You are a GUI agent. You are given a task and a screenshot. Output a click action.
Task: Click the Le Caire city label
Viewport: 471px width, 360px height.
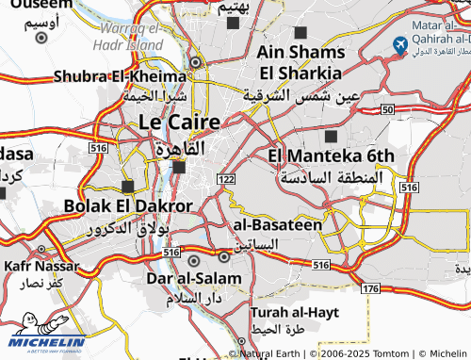coord(179,123)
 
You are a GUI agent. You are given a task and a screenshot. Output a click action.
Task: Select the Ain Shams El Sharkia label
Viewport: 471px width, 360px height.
coord(300,61)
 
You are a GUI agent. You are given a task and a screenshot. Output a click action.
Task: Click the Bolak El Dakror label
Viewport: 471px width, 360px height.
coord(128,205)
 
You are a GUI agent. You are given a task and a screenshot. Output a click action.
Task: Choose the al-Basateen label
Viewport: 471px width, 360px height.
coord(277,225)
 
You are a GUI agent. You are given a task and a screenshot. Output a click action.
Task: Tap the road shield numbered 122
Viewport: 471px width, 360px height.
coord(226,179)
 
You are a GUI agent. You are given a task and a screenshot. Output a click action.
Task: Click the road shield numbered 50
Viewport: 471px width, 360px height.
coord(388,110)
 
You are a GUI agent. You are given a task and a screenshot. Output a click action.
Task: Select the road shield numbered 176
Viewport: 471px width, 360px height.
coord(370,287)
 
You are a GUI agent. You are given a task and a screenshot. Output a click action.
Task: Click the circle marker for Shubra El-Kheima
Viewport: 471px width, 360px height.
coord(195,63)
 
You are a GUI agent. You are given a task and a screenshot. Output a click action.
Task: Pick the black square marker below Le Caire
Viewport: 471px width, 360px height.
coord(179,168)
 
